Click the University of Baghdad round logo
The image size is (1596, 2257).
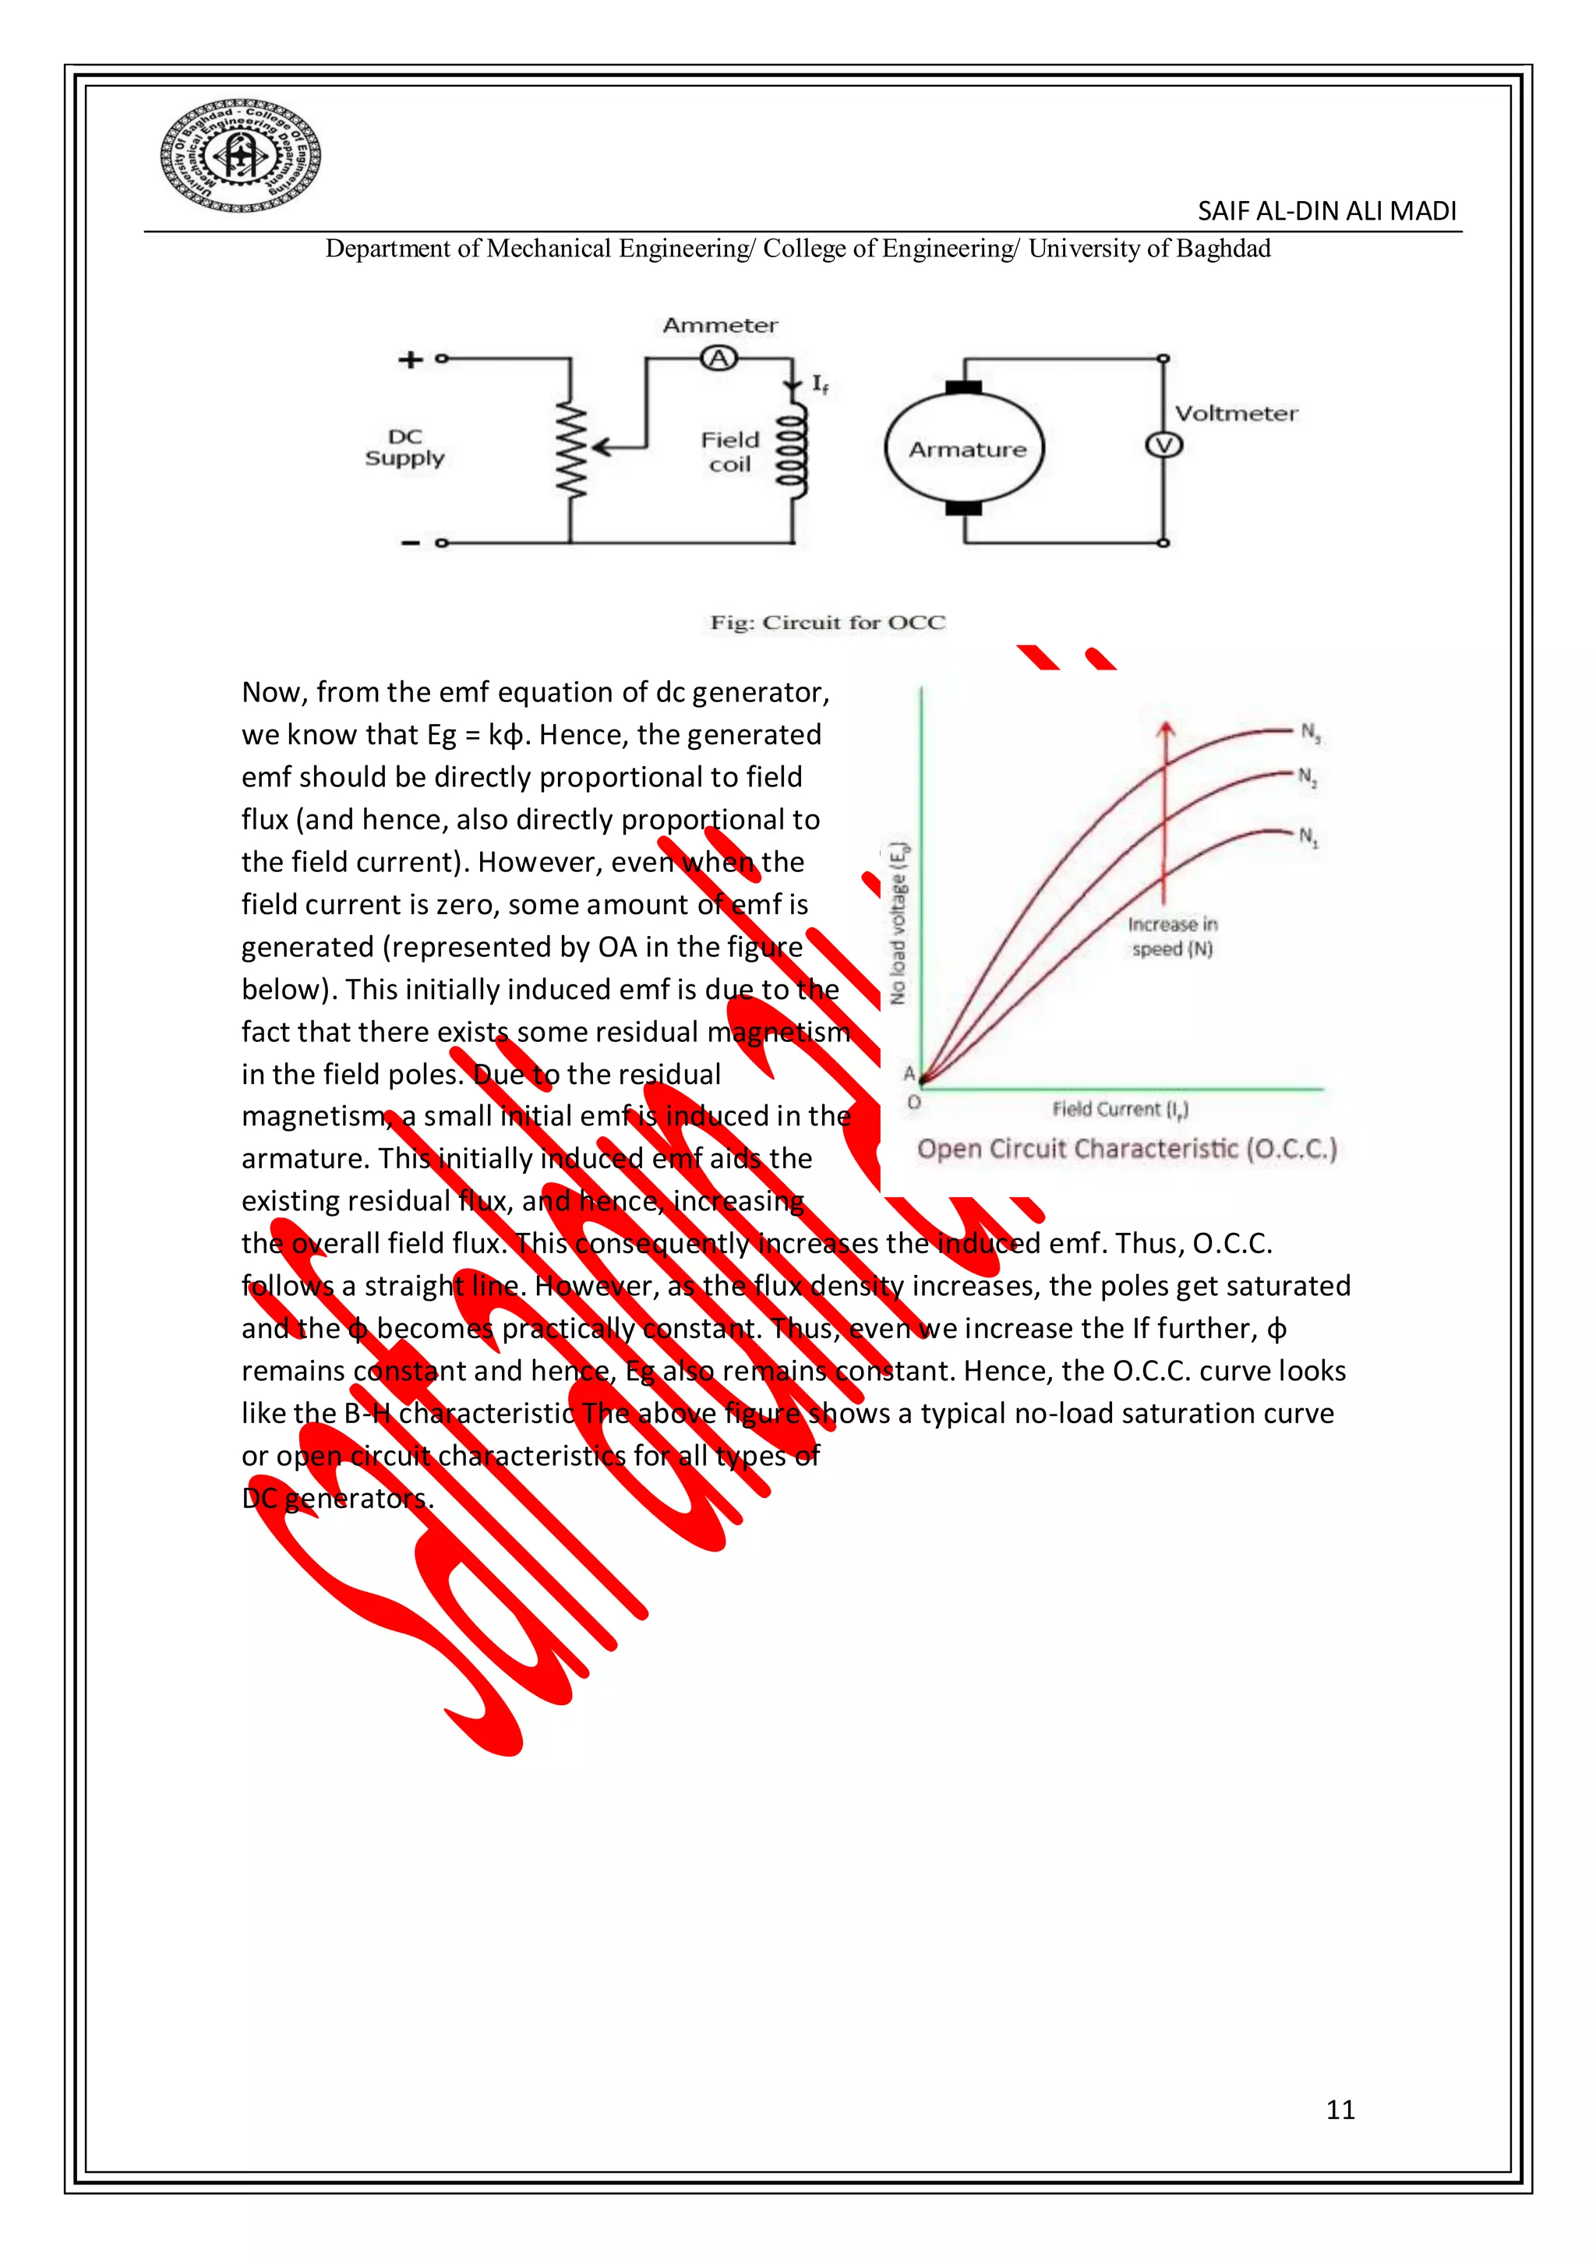(240, 155)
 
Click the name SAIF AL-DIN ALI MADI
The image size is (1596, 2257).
(1326, 211)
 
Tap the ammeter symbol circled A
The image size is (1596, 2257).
(719, 359)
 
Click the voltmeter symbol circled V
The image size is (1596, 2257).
(1163, 445)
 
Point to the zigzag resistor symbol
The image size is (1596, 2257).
(571, 450)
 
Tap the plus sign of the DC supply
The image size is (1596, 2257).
(409, 360)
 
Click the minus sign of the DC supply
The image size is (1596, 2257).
(410, 542)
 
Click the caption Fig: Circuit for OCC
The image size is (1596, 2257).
(828, 622)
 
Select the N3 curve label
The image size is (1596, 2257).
(1311, 733)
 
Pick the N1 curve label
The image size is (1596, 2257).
(1308, 836)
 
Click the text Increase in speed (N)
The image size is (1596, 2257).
(1171, 937)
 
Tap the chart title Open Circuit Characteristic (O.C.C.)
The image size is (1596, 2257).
(1126, 1149)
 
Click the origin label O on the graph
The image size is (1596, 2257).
(914, 1103)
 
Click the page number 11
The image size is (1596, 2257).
(1340, 2110)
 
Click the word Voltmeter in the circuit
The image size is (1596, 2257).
(1235, 414)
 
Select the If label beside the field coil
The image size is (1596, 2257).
(820, 384)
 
